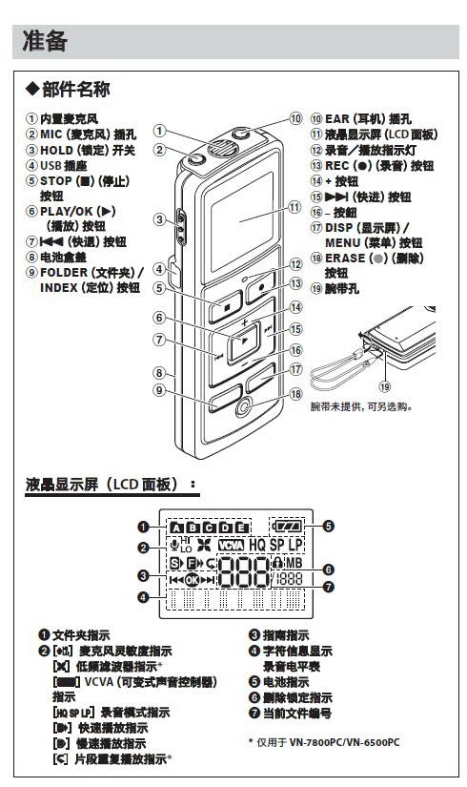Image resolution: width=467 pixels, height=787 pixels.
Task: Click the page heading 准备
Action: pyautogui.click(x=46, y=41)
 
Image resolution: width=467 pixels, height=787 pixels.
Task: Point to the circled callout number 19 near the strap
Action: pyautogui.click(x=385, y=385)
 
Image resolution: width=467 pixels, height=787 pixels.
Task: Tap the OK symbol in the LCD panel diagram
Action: pyautogui.click(x=195, y=579)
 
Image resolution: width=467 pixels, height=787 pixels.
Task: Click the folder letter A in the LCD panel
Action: pyautogui.click(x=177, y=527)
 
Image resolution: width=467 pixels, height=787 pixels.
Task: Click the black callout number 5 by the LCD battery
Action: pyautogui.click(x=327, y=526)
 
